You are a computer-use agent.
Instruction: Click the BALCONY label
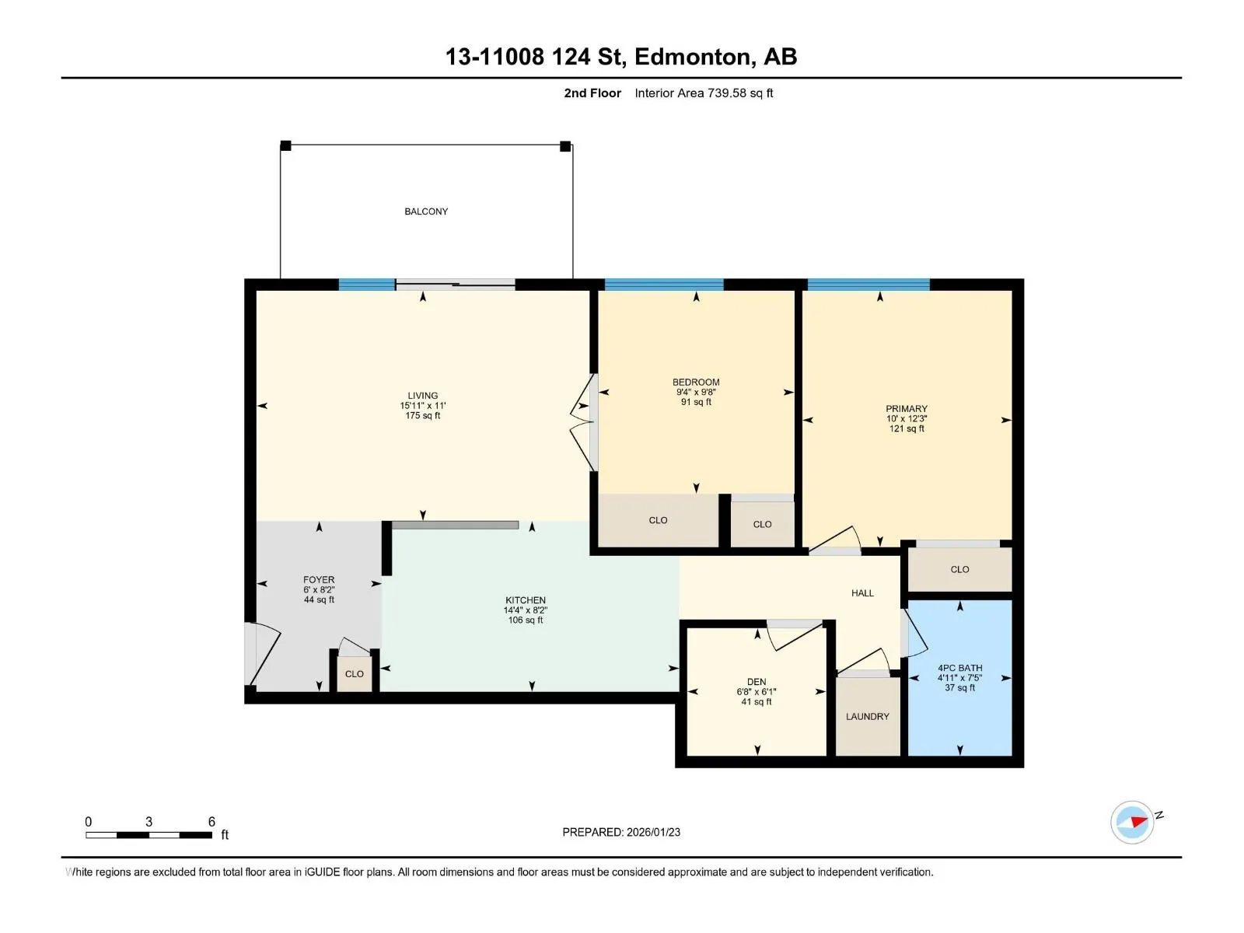click(x=425, y=211)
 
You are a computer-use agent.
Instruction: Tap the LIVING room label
click(x=422, y=396)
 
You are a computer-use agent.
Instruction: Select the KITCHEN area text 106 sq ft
click(x=525, y=620)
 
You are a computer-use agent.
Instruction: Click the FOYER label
click(x=319, y=579)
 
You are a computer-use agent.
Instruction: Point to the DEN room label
click(x=756, y=682)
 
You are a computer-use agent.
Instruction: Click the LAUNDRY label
click(x=867, y=716)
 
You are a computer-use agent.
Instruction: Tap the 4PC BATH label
click(x=959, y=668)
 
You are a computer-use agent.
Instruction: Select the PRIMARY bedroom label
click(x=907, y=408)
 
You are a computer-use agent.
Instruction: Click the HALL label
click(x=862, y=592)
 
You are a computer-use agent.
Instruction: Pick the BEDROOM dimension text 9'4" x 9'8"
click(x=695, y=392)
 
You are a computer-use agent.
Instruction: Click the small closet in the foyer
click(x=355, y=673)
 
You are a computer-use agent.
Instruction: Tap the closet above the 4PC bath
click(x=959, y=569)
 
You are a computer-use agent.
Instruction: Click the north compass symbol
click(x=1132, y=822)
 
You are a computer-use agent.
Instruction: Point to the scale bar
click(x=149, y=835)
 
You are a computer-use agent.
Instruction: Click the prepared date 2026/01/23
click(x=652, y=832)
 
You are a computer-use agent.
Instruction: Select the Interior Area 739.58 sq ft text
click(x=704, y=93)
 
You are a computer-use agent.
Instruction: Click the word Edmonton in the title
click(x=695, y=57)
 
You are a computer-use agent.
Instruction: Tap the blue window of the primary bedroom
click(x=868, y=285)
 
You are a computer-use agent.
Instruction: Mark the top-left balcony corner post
click(x=285, y=145)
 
